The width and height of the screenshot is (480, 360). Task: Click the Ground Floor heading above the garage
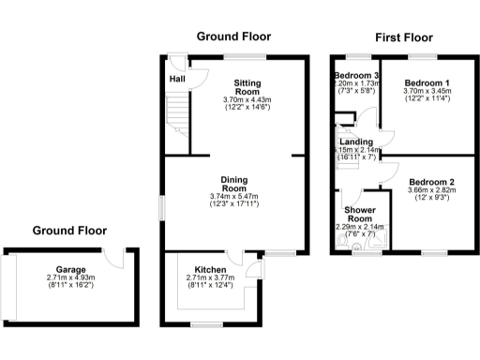(69, 230)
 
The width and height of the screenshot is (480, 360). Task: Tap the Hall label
(176, 79)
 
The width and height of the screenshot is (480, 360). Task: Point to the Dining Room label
(233, 184)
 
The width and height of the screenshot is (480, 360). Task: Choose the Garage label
(69, 268)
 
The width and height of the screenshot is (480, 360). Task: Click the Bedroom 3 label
(356, 75)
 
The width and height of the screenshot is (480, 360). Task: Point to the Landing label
(355, 142)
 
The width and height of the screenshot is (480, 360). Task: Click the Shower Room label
(360, 214)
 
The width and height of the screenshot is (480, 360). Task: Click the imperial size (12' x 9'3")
(430, 198)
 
